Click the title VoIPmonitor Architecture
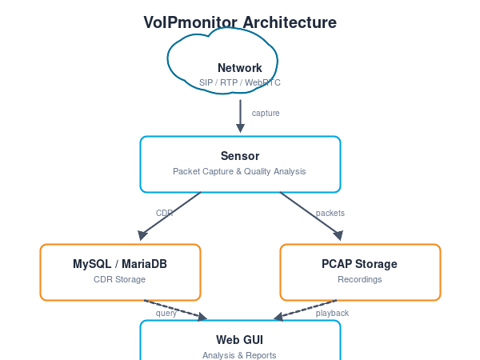tap(240, 22)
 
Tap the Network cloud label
tap(240, 68)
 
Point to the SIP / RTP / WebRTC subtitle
tap(240, 82)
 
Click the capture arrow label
tap(266, 114)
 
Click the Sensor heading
tap(240, 156)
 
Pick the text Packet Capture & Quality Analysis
tap(240, 171)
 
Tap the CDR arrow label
tap(164, 213)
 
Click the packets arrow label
tap(330, 213)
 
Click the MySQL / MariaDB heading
tap(120, 264)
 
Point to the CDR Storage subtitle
tap(120, 279)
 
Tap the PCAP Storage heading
tap(360, 264)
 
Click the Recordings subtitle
tap(360, 279)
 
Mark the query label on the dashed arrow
tap(166, 313)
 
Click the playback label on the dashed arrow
tap(332, 313)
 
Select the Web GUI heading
tap(240, 340)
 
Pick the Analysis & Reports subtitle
tap(240, 354)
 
